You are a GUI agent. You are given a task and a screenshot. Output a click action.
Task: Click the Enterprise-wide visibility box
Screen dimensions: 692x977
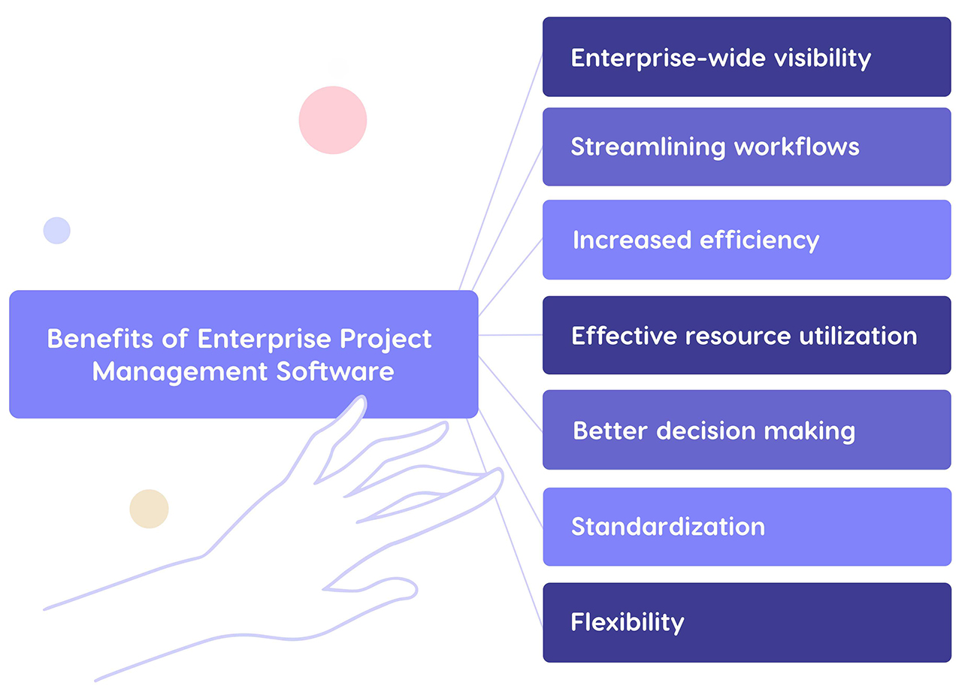746,57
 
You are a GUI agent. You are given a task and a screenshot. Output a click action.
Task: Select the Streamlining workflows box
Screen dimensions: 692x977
746,147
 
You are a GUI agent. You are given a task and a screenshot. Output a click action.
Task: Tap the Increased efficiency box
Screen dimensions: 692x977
746,240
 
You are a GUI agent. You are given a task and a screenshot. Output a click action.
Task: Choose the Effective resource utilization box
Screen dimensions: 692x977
746,335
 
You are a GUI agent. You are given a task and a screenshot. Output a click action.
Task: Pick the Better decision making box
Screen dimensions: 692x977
746,430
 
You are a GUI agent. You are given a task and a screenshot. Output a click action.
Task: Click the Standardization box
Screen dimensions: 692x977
746,526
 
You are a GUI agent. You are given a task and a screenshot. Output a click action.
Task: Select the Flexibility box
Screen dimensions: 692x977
746,622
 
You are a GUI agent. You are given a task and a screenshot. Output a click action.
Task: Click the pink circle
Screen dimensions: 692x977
332,120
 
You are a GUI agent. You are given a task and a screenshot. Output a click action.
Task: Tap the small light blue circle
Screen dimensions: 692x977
56,230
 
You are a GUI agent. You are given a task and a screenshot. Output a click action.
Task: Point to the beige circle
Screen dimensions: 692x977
149,509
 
